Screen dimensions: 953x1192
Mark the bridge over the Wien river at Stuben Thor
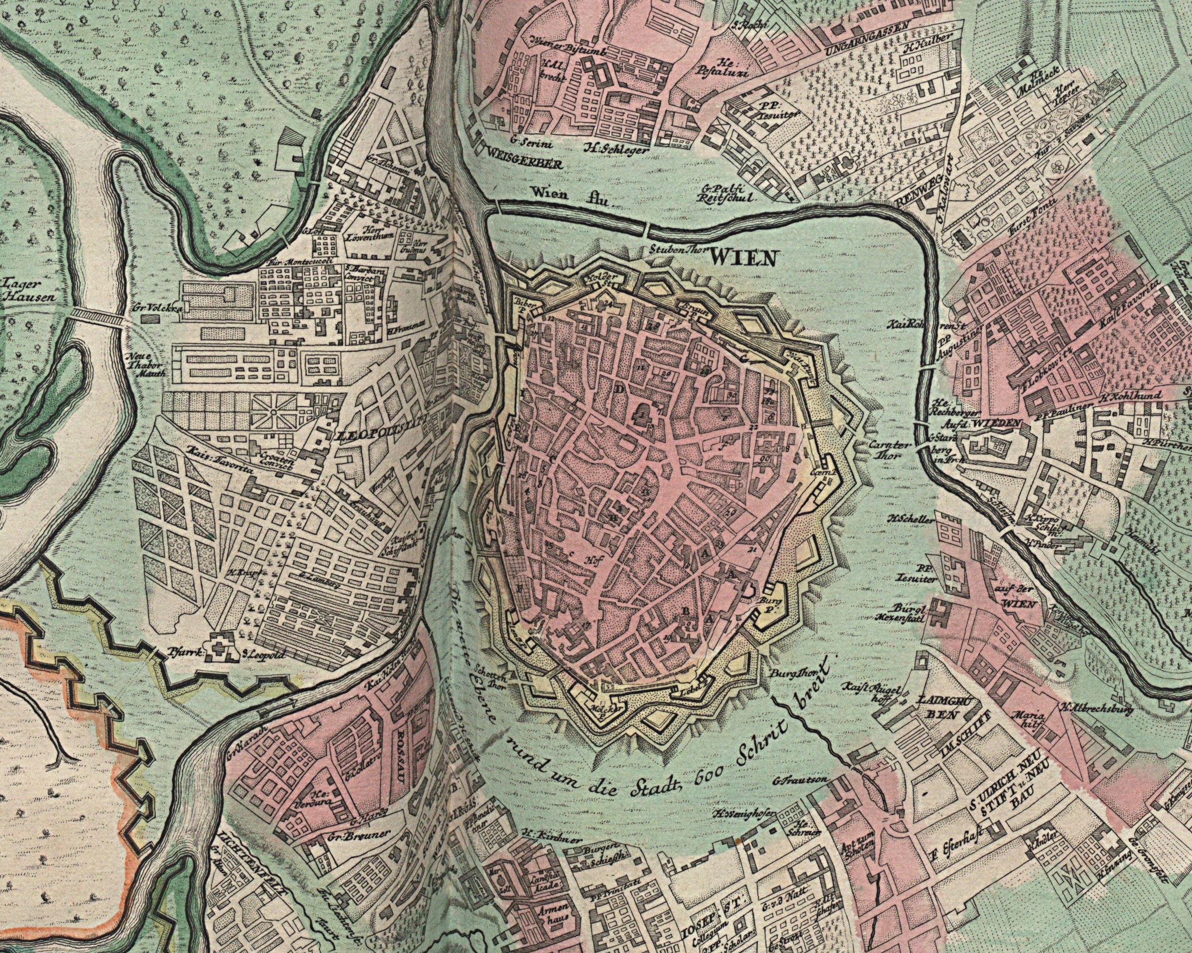click(646, 227)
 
